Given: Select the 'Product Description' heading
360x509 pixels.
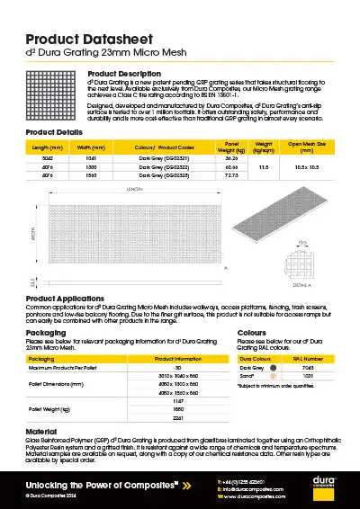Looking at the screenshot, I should [125, 73].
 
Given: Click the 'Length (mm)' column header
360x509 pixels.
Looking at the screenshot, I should [47, 147].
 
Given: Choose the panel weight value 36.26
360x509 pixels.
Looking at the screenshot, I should [231, 157].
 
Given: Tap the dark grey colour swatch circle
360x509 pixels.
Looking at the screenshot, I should [274, 367].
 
